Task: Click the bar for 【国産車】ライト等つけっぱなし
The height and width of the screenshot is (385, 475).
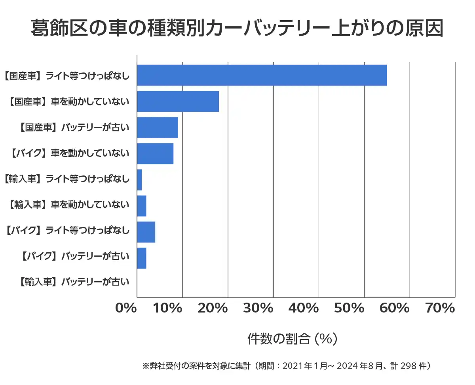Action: pyautogui.click(x=262, y=75)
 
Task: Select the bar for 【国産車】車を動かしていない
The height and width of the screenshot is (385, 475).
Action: pyautogui.click(x=178, y=101)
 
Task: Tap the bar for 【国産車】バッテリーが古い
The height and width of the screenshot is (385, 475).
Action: pyautogui.click(x=157, y=128)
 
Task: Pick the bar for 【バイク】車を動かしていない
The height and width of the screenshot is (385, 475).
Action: pyautogui.click(x=155, y=154)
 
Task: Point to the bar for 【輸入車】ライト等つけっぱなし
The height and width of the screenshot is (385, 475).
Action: pyautogui.click(x=139, y=180)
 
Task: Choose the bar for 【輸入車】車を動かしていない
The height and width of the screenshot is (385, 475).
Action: pyautogui.click(x=142, y=206)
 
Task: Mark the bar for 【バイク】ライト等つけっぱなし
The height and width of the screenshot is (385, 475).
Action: pyautogui.click(x=146, y=232)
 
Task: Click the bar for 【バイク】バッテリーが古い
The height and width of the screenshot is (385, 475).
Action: pyautogui.click(x=142, y=258)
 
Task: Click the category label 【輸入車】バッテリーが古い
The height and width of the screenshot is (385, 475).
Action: pyautogui.click(x=74, y=282)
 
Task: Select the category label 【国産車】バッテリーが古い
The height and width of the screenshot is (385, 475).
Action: pyautogui.click(x=74, y=128)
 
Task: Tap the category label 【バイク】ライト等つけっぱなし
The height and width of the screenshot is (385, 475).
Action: pyautogui.click(x=67, y=230)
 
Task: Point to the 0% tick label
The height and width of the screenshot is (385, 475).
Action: pyautogui.click(x=126, y=308)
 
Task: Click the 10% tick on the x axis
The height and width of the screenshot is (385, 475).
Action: pyautogui.click(x=171, y=308)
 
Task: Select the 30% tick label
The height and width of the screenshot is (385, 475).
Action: pyautogui.click(x=262, y=308)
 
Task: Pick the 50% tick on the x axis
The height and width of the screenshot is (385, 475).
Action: pyautogui.click(x=353, y=308)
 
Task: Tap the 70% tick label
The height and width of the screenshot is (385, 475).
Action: pyautogui.click(x=440, y=308)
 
